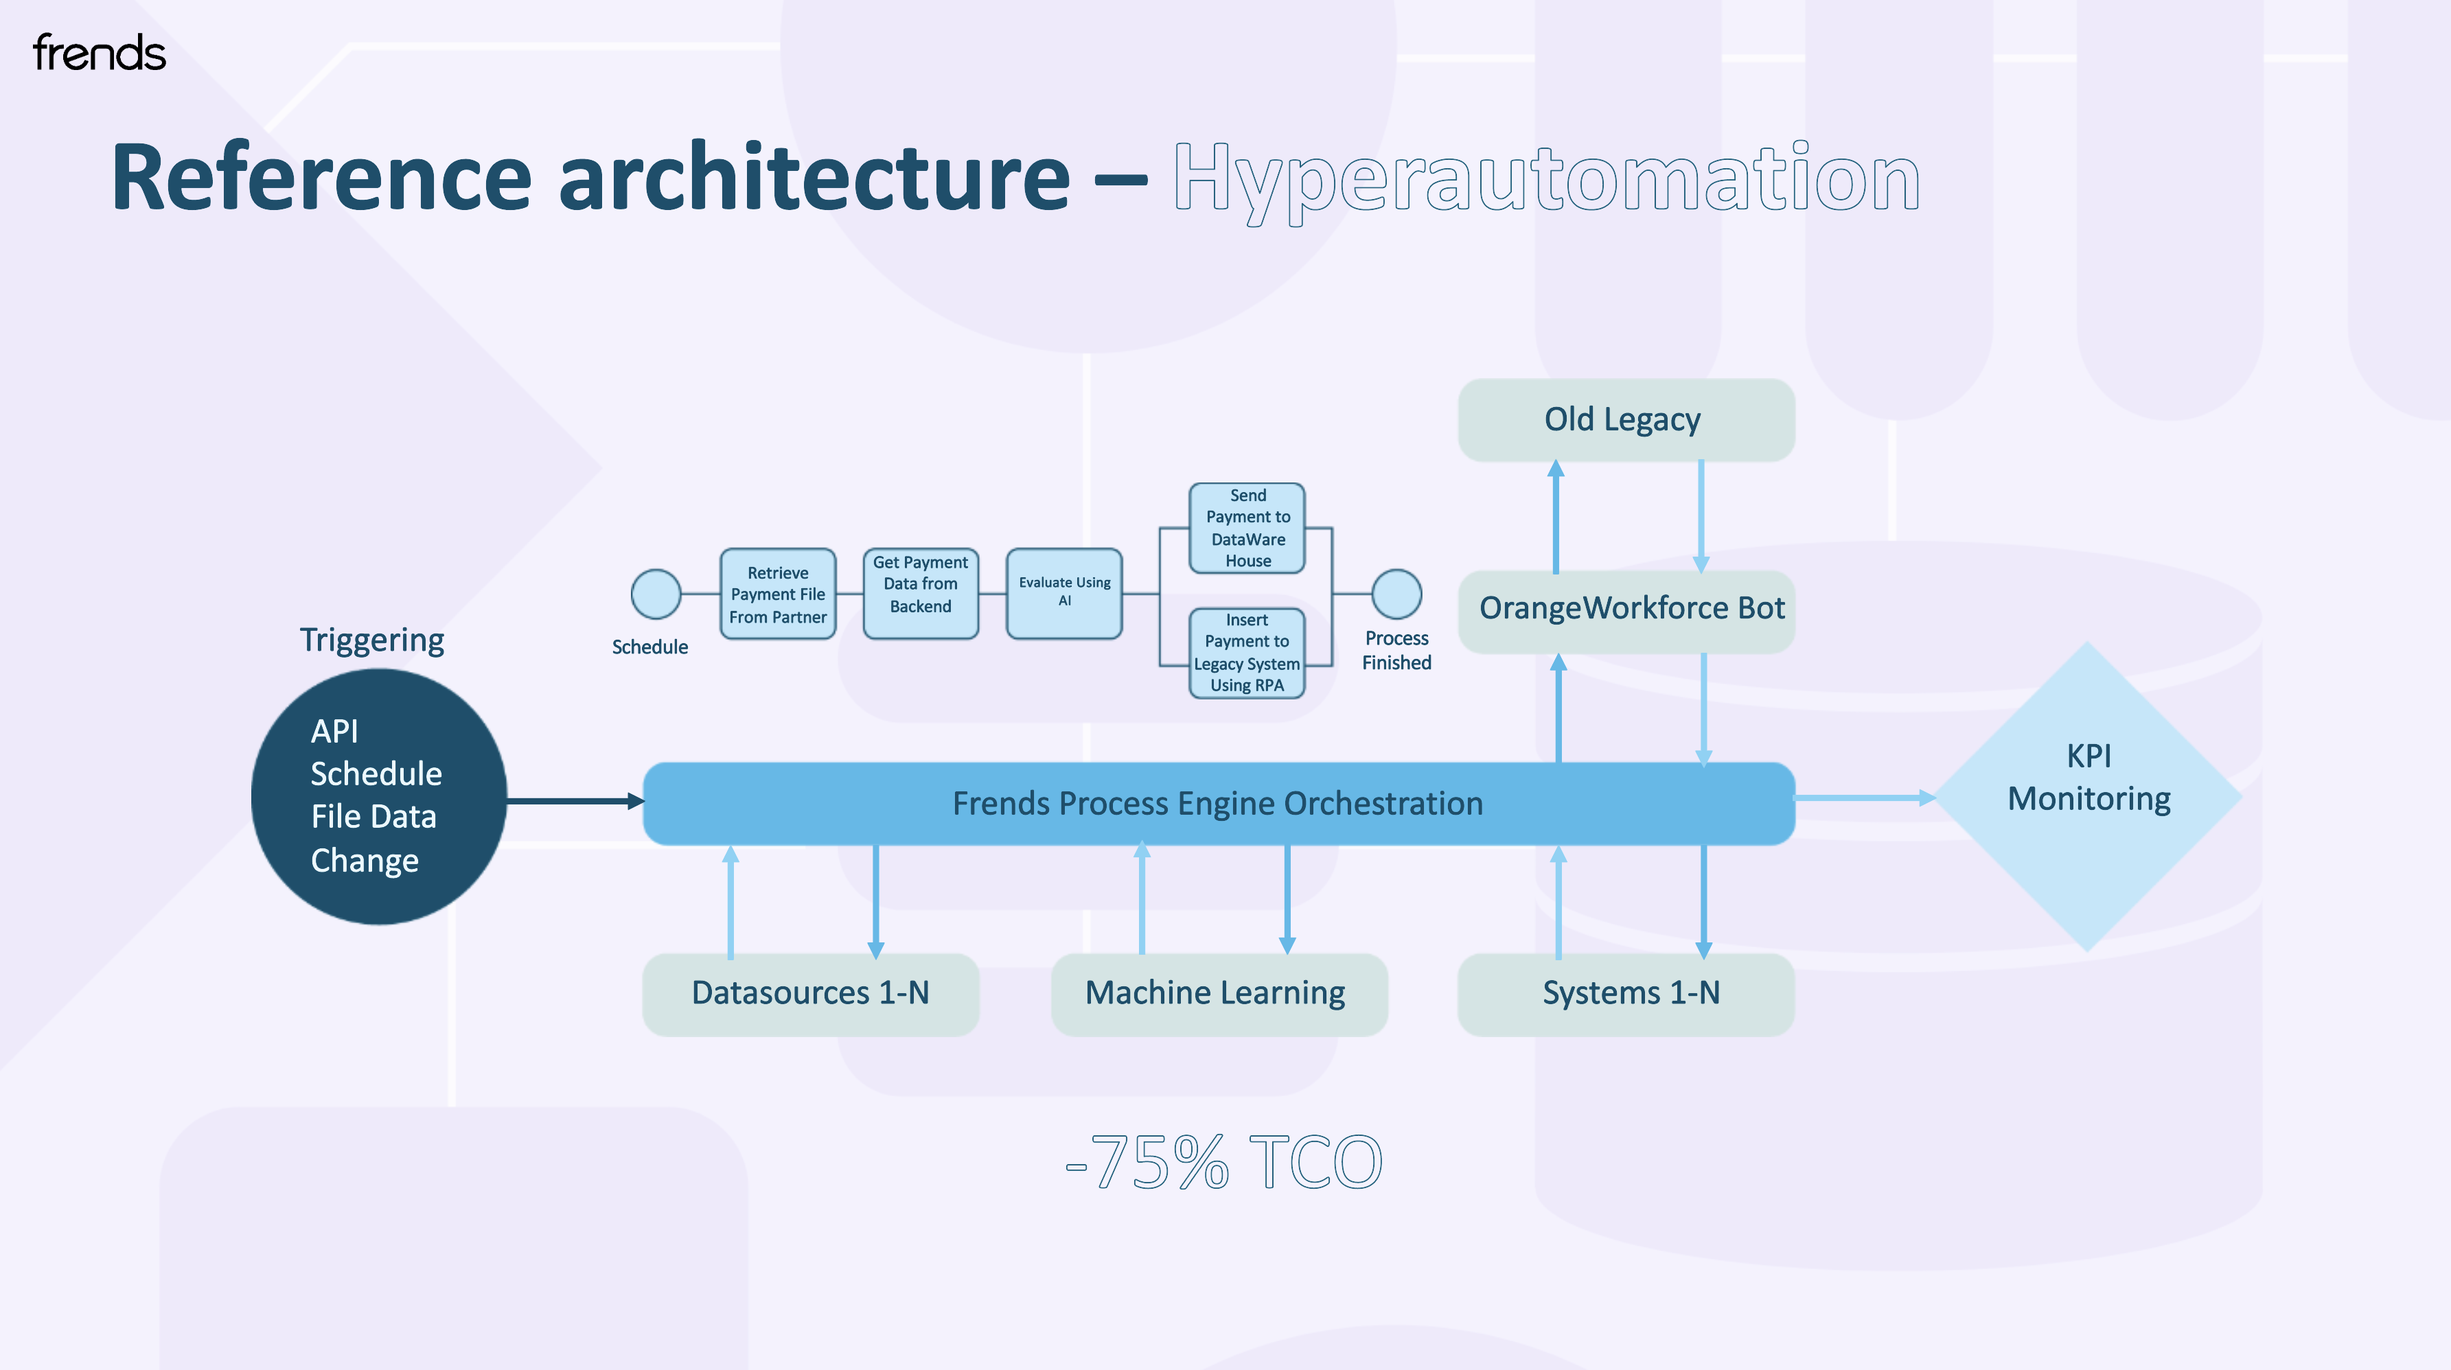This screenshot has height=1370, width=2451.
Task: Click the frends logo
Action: [99, 54]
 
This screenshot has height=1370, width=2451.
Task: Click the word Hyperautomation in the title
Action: [1545, 179]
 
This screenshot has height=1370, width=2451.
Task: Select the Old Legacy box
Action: [1625, 419]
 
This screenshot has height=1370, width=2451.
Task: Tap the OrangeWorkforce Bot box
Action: [1627, 609]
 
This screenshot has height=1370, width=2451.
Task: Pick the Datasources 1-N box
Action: [809, 993]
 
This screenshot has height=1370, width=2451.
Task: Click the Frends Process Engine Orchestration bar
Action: [1218, 804]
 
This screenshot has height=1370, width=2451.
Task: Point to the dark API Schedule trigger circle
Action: [379, 796]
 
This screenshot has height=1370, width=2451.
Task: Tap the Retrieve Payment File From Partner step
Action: [777, 594]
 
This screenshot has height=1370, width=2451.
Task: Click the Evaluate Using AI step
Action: [1063, 592]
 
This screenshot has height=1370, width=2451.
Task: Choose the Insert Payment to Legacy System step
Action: [1246, 653]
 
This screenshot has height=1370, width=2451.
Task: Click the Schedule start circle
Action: [656, 594]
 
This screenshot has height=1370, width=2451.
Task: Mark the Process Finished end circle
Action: [1396, 594]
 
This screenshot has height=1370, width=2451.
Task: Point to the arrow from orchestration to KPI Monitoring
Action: [1863, 798]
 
